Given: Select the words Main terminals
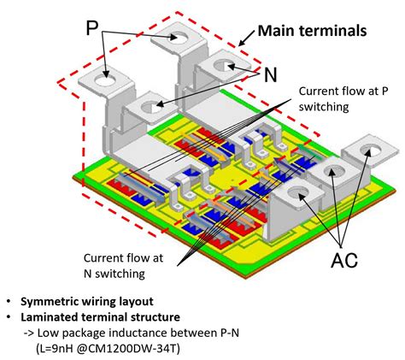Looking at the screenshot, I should tap(313, 32).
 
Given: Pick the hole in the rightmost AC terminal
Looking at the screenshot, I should tap(369, 151).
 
